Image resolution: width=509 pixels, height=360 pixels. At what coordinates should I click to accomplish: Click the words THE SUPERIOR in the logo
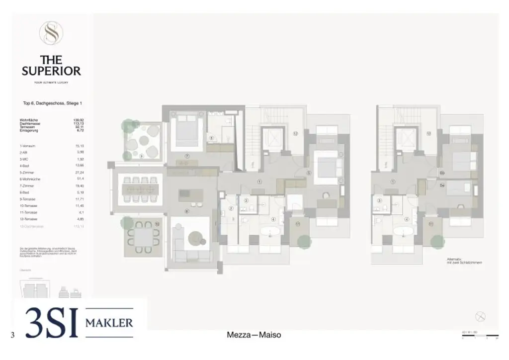(51, 66)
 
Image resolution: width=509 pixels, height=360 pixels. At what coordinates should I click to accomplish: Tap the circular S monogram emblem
(51, 33)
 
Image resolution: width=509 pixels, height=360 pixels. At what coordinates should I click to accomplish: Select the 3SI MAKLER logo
(80, 323)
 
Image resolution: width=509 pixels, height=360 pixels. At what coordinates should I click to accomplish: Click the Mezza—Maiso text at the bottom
(254, 335)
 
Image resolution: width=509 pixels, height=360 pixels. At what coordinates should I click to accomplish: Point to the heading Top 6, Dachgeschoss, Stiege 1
(52, 103)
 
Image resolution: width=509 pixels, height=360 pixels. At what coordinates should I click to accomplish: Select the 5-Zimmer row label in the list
(27, 172)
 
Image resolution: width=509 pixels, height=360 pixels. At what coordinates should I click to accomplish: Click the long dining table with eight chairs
(140, 189)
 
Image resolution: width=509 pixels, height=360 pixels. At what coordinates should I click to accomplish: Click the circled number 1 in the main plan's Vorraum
(259, 182)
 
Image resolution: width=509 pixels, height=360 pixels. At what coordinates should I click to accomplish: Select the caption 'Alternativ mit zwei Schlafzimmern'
(464, 261)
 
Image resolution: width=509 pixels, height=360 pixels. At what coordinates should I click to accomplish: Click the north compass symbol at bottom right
(480, 316)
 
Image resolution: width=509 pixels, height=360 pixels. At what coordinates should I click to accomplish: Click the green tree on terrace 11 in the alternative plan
(437, 241)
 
